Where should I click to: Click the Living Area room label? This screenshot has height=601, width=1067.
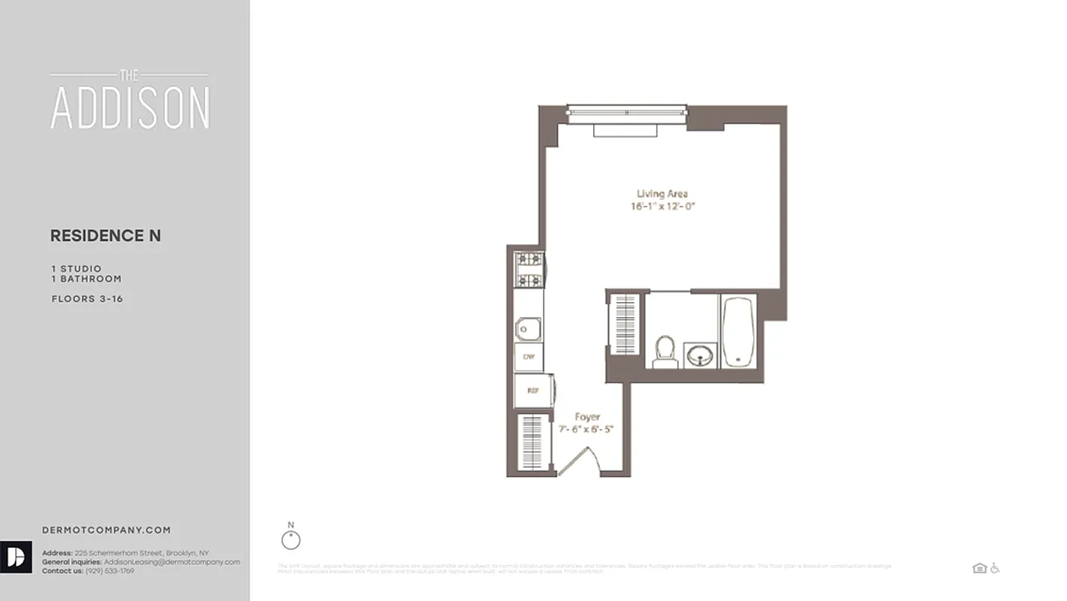click(x=661, y=194)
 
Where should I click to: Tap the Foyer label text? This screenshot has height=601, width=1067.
click(x=587, y=417)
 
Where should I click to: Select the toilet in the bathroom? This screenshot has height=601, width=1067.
click(x=665, y=352)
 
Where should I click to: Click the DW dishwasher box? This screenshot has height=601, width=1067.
click(x=529, y=357)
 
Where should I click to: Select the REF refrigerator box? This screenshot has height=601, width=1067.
click(x=532, y=391)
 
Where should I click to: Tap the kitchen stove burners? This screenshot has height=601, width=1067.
click(x=529, y=270)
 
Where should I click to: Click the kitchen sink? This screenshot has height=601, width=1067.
click(x=528, y=328)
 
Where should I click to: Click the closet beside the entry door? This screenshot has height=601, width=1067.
click(x=532, y=442)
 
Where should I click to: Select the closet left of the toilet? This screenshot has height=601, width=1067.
click(x=625, y=324)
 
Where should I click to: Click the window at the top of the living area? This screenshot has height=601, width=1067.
click(x=626, y=112)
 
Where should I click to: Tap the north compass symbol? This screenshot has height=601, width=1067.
click(x=291, y=539)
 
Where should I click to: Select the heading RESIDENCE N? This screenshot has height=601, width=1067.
click(x=105, y=236)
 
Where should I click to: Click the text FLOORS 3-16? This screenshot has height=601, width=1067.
click(x=87, y=299)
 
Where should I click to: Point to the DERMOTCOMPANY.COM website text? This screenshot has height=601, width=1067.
click(x=106, y=530)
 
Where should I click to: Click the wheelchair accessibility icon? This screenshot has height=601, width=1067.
click(x=995, y=568)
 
